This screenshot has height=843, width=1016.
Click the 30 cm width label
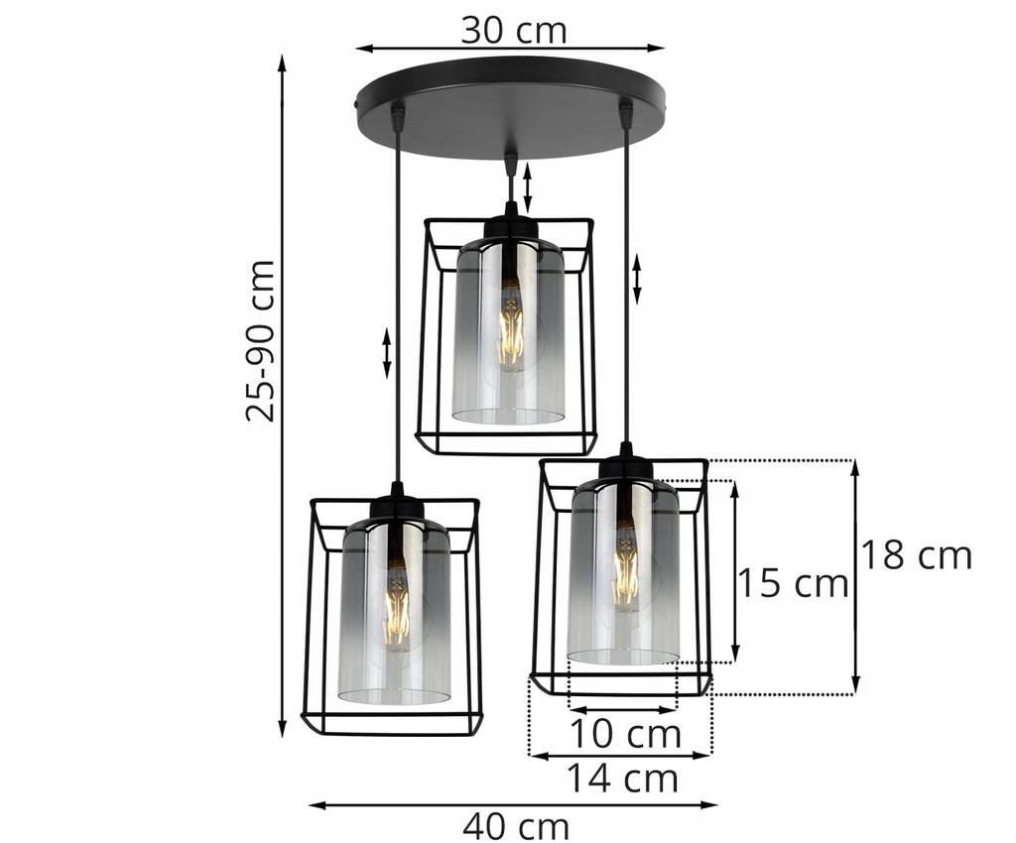[x=513, y=30]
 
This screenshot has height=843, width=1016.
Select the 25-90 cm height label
[x=261, y=340]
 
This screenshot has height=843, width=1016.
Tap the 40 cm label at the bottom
[x=516, y=825]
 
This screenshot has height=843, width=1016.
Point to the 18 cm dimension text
[x=915, y=555]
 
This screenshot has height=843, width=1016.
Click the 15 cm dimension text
[x=792, y=583]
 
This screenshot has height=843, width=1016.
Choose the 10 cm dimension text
[x=624, y=735]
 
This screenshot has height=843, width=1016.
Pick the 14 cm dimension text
[x=622, y=778]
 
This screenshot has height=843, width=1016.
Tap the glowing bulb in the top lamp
[x=510, y=327]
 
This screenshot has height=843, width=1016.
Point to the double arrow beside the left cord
[x=387, y=354]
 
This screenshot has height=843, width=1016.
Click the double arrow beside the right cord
[x=637, y=279]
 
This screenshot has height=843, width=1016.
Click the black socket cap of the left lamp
[x=397, y=506]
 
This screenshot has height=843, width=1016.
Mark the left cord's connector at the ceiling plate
[x=398, y=117]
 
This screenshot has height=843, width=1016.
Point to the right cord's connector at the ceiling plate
[x=625, y=113]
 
